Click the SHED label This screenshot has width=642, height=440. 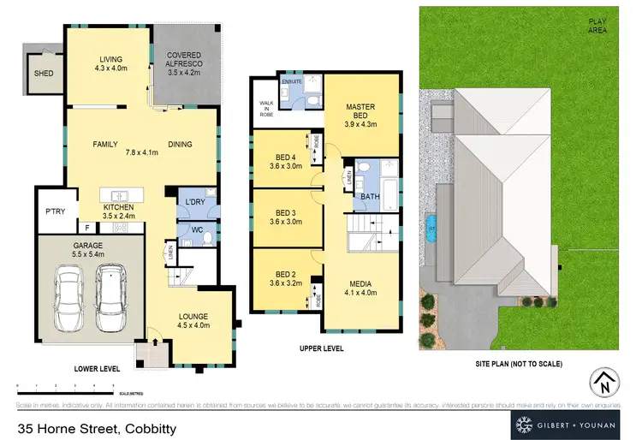coord(43,74)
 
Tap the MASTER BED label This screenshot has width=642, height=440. coord(360,111)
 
